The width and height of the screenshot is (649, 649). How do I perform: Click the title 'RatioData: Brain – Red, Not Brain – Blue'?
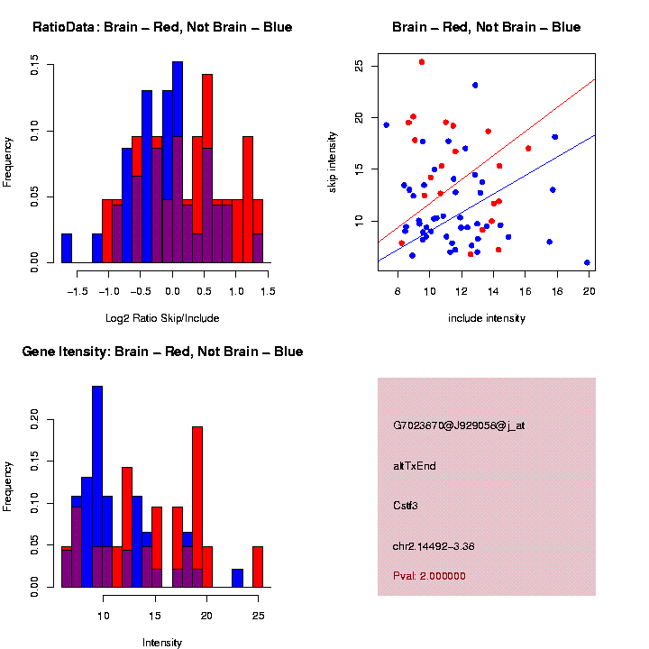click(x=162, y=27)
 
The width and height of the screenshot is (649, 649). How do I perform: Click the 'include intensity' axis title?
click(x=487, y=317)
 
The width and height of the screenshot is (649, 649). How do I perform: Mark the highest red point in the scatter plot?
click(x=422, y=62)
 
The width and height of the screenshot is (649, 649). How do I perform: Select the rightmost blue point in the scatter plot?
click(x=587, y=262)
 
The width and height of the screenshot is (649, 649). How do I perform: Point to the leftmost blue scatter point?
click(x=387, y=125)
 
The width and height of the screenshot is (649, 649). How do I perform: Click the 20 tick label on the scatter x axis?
click(x=588, y=290)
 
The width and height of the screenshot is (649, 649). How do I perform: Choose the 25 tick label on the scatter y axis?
click(x=358, y=67)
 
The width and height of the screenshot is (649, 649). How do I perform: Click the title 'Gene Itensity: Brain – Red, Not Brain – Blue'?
click(x=162, y=352)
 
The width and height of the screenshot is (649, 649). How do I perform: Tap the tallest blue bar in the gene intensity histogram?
click(x=97, y=487)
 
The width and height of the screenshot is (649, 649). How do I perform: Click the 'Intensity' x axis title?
click(x=162, y=643)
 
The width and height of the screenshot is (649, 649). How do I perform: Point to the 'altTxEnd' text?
click(x=415, y=466)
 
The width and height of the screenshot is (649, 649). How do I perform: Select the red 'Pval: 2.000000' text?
click(x=430, y=575)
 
